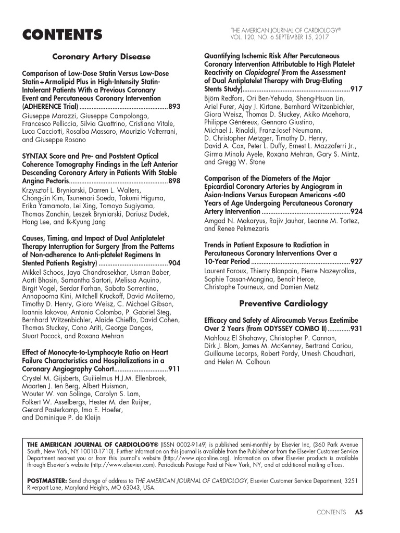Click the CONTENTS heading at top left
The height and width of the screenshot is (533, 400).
click(x=62, y=35)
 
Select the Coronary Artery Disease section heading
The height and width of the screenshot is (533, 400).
click(x=102, y=57)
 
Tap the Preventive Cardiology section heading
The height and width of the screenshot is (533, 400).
click(x=283, y=303)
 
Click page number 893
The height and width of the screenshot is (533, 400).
click(x=175, y=107)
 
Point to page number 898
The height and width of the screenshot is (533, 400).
click(x=175, y=181)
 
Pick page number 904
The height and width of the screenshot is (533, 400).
click(x=175, y=263)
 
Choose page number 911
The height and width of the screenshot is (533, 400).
click(x=175, y=369)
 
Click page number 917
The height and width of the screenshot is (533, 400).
click(x=357, y=90)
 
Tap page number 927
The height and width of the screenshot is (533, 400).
click(x=357, y=261)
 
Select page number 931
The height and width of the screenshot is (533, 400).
click(x=357, y=329)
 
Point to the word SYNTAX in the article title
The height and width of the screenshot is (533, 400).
click(x=35, y=156)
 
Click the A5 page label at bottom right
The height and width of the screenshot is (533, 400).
click(x=358, y=512)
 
